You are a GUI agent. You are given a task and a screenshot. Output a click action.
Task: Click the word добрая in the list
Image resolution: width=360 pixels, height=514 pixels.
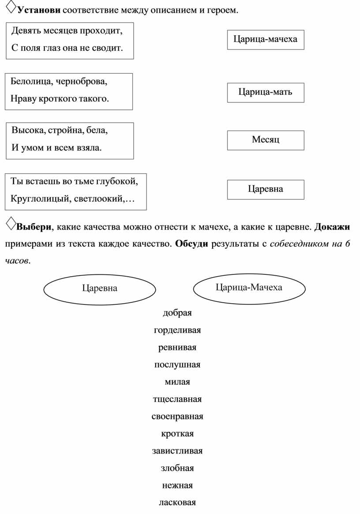pos(177,313)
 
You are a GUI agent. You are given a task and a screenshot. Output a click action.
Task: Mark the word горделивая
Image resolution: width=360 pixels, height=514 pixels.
pos(177,330)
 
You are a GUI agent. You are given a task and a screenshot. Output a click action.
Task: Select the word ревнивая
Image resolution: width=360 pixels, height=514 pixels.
pos(177,348)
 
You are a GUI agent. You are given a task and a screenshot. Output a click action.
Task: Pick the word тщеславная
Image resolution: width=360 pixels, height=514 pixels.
pos(177,399)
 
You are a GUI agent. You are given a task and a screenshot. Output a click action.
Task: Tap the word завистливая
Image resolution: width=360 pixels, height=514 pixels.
pos(177,451)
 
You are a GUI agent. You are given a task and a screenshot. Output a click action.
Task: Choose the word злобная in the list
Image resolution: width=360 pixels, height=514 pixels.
pos(177,468)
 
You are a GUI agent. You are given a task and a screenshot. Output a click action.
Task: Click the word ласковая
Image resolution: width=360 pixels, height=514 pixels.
pos(177,503)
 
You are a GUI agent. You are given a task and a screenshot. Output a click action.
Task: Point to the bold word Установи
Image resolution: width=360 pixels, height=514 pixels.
pos(39,10)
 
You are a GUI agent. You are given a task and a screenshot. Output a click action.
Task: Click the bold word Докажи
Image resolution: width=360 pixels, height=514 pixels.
pos(332,227)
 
